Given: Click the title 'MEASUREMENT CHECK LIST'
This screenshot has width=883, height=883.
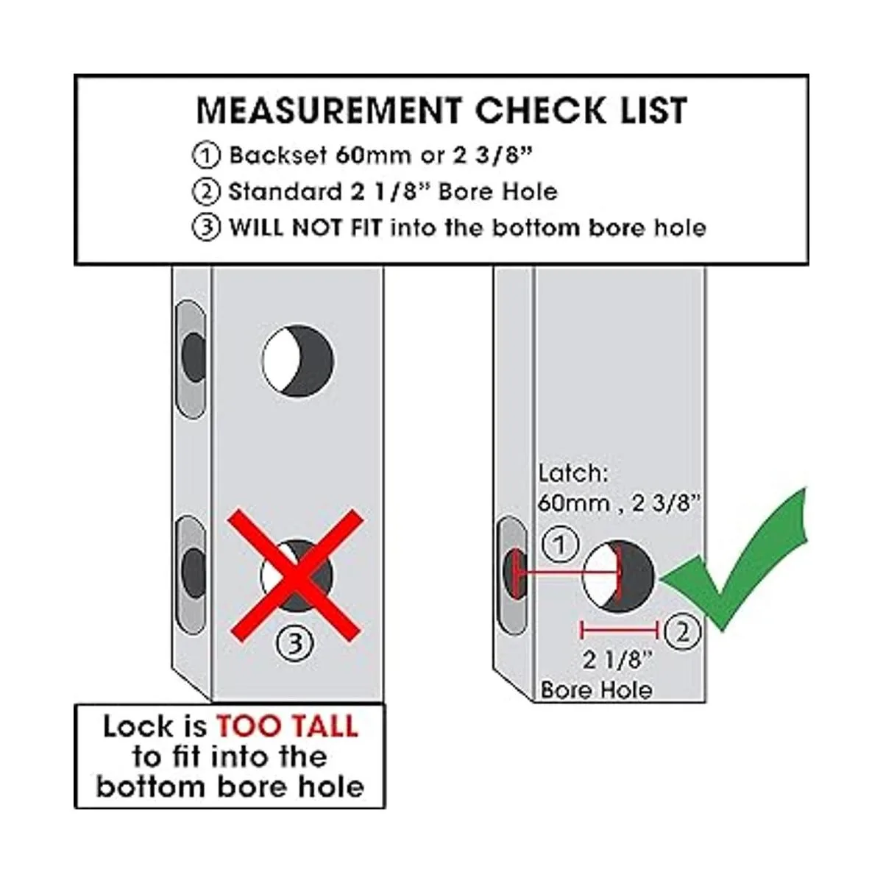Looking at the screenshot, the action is [441, 110].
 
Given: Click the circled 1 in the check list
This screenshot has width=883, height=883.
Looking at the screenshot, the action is [206, 156].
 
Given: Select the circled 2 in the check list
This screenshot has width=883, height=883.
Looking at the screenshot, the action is [206, 191].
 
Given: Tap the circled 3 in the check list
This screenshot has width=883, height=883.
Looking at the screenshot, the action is [206, 227].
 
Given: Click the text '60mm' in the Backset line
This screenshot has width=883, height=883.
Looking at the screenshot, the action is [373, 156].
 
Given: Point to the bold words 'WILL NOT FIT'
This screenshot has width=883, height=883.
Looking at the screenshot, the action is [305, 227].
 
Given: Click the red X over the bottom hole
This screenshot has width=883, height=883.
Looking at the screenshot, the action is [296, 576].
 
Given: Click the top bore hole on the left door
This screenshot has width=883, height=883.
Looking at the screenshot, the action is [298, 361].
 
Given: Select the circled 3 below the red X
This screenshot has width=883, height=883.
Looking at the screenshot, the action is [296, 643].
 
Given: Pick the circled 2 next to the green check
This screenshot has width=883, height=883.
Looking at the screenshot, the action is [682, 632].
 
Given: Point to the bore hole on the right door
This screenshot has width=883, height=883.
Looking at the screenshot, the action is [618, 577].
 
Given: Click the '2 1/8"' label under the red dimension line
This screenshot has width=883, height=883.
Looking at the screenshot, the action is [617, 660].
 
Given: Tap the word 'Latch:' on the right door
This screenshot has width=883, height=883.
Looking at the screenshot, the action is [572, 473].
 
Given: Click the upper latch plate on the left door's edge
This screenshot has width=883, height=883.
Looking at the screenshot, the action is [191, 359].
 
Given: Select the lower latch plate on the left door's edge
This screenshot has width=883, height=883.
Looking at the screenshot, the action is [191, 575].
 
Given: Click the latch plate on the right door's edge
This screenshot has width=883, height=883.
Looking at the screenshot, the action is [513, 575].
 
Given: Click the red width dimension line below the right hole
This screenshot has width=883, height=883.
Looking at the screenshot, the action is [619, 631].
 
